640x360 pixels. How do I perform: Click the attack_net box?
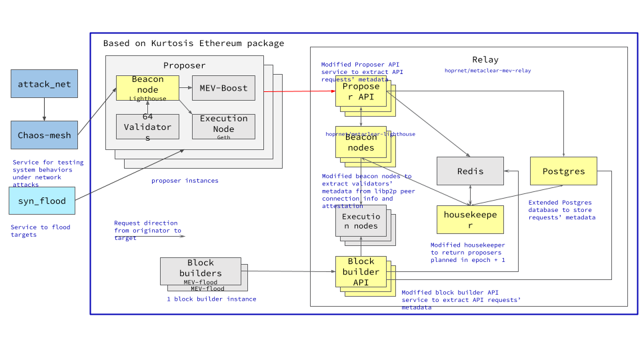[44, 84]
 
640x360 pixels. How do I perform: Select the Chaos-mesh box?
[44, 135]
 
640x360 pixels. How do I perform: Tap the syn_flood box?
[42, 201]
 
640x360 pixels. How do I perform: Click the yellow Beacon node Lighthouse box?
[147, 88]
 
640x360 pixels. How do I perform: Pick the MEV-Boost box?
[223, 88]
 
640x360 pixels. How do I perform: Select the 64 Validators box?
[147, 127]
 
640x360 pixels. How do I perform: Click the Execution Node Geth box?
[223, 127]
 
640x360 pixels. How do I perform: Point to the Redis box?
[470, 171]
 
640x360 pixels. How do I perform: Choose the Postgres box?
[563, 171]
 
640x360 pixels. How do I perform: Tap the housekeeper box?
[470, 220]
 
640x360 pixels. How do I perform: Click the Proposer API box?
[361, 92]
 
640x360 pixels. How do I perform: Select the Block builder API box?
[361, 271]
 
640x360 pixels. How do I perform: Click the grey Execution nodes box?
[361, 221]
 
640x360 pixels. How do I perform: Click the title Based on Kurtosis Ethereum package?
[193, 43]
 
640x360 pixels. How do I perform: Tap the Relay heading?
[485, 60]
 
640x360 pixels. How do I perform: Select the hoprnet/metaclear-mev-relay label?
[487, 70]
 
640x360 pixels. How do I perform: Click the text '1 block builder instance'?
[211, 299]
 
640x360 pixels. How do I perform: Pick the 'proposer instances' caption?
[185, 181]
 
